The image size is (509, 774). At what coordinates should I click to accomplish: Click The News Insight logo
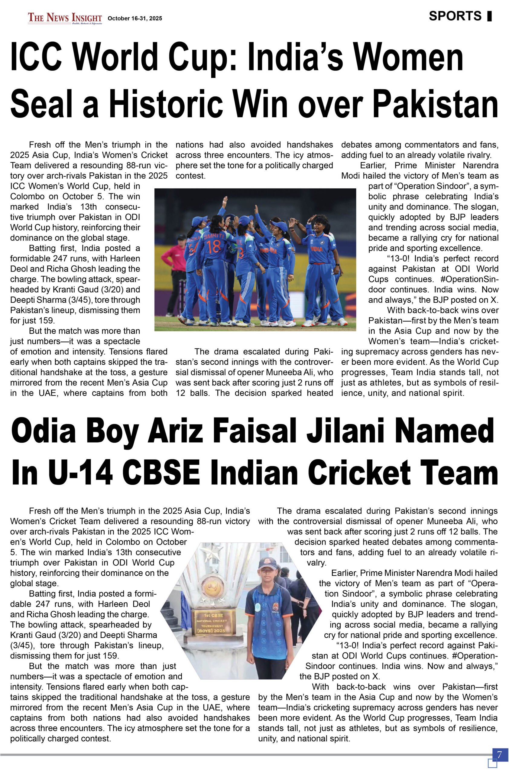click(x=65, y=18)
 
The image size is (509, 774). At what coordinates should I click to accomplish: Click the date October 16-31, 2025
click(x=135, y=18)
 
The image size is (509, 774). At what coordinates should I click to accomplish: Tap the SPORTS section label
click(x=455, y=16)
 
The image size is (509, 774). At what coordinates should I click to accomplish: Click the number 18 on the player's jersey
click(x=214, y=246)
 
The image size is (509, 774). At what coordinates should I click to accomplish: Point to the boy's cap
click(x=267, y=563)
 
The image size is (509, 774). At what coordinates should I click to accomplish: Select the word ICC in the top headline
click(x=36, y=57)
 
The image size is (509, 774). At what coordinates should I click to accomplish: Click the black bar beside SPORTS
click(x=489, y=16)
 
